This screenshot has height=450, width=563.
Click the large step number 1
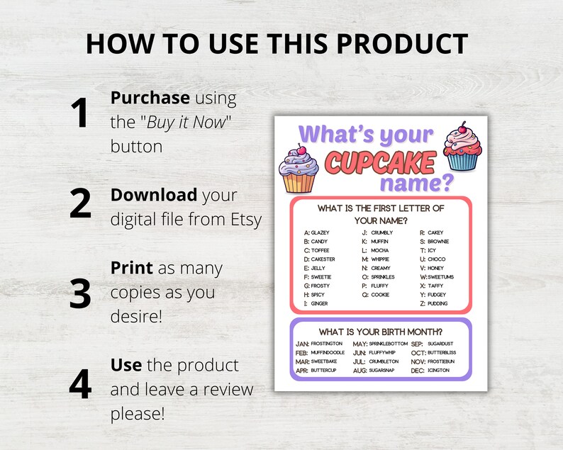point(79,114)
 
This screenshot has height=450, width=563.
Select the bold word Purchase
point(150,98)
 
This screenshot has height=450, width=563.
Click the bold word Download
point(154,195)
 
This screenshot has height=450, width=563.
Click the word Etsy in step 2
point(244,219)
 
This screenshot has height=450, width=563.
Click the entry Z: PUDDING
point(434,303)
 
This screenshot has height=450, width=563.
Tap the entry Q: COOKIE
point(375,294)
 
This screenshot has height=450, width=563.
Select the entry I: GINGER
point(316,303)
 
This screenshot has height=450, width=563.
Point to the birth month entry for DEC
point(430,370)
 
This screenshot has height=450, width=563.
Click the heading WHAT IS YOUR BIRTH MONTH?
point(381,331)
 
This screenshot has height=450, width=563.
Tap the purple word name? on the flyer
point(416,183)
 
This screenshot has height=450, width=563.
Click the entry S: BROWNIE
point(434,242)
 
